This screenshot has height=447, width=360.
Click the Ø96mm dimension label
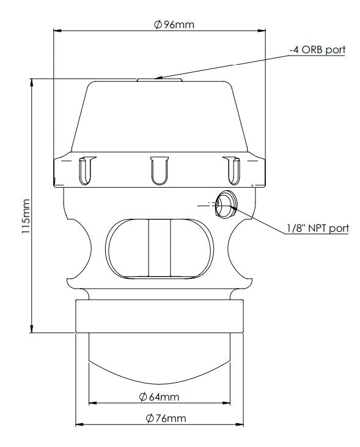(160, 24)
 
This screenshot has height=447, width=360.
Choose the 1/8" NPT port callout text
(317, 229)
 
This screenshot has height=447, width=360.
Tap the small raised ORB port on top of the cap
(159, 79)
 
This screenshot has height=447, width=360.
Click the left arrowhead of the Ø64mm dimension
(92, 403)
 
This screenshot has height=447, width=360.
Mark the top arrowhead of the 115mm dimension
(32, 82)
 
